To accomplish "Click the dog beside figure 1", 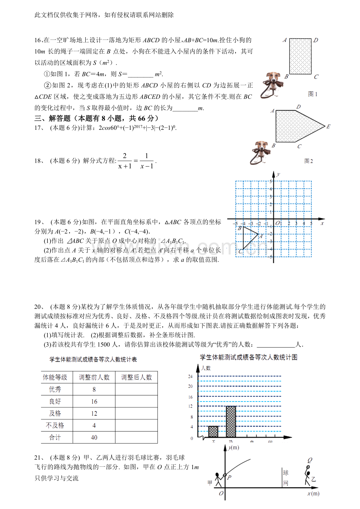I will click(271, 84).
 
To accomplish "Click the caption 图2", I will click(309, 161).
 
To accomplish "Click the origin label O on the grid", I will click(277, 223).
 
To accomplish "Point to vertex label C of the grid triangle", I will click(240, 251).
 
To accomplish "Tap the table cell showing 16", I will click(94, 401).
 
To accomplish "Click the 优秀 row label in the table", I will click(55, 389).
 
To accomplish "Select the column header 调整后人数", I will click(136, 377).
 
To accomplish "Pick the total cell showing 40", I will click(94, 437).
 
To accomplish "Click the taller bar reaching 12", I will click(231, 422).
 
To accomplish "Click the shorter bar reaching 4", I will click(213, 432).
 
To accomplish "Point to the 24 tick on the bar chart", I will click(191, 376).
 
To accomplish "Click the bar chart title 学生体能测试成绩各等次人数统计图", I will click(248, 357).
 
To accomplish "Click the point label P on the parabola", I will click(229, 477).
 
